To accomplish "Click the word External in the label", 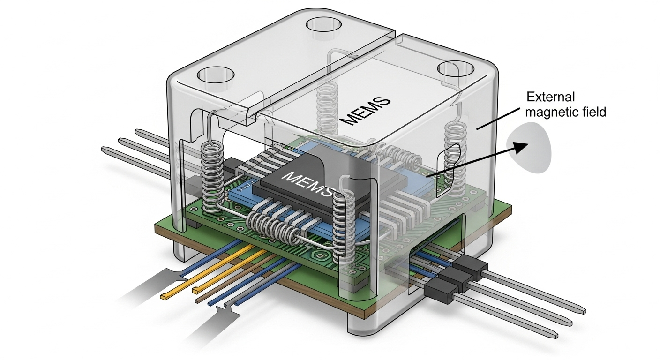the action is coord(551,97).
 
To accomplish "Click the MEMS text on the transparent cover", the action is coord(365,111).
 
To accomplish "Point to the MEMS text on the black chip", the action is coord(308,185).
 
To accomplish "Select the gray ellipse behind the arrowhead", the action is coord(529,147).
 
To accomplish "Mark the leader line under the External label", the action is coord(498,119).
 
